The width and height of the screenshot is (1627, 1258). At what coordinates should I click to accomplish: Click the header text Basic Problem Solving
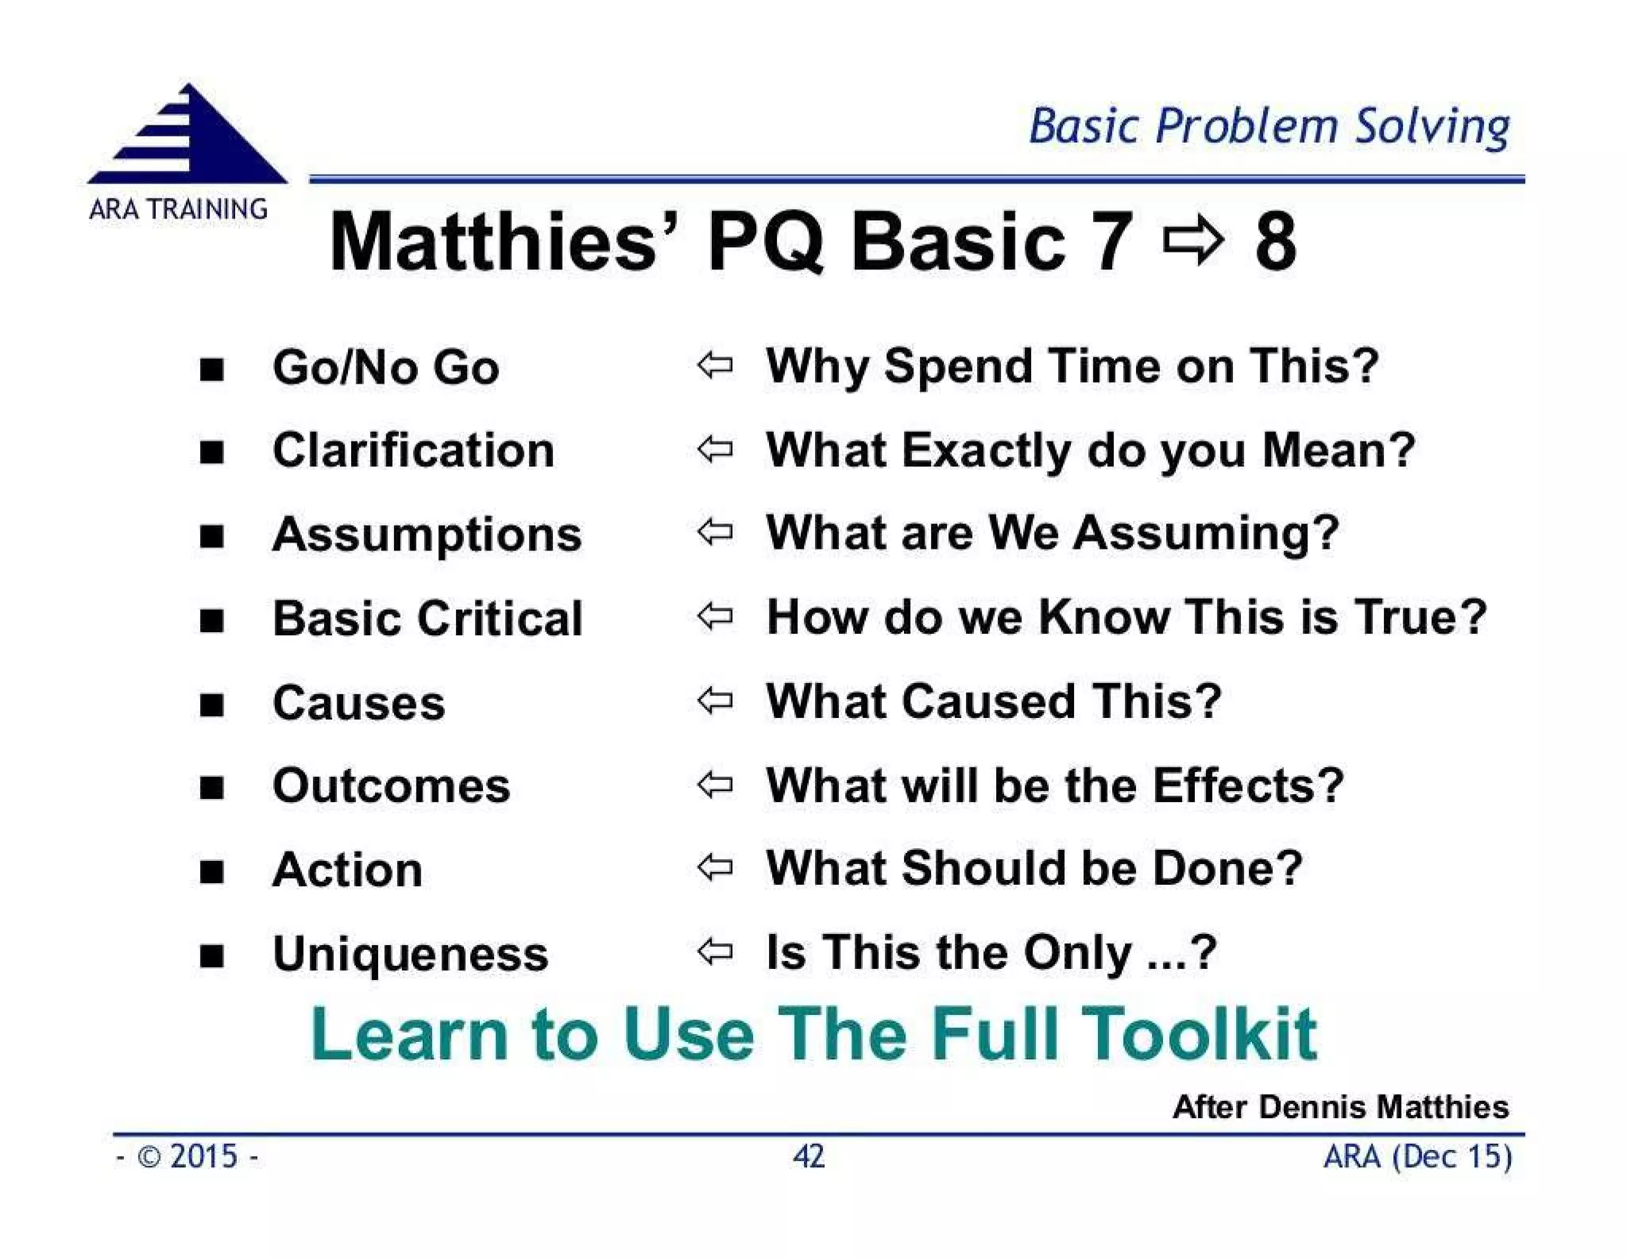pyautogui.click(x=1269, y=127)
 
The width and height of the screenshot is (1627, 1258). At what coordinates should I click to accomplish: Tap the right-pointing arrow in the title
pyautogui.click(x=1192, y=241)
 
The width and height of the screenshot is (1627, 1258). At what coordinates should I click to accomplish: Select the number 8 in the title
pyautogui.click(x=1276, y=241)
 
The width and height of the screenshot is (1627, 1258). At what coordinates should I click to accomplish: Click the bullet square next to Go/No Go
pyautogui.click(x=211, y=369)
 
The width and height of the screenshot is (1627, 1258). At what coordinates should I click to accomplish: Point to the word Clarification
pyautogui.click(x=413, y=450)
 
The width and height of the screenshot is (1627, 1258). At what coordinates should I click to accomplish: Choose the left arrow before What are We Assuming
pyautogui.click(x=715, y=532)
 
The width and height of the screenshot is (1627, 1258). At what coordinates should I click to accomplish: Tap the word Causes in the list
pyautogui.click(x=358, y=703)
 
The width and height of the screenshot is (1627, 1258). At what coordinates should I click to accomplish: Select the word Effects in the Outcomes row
pyautogui.click(x=1247, y=785)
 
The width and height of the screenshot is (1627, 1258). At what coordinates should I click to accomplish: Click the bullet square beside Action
pyautogui.click(x=211, y=872)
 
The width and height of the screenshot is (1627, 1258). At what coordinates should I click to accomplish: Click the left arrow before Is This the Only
pyautogui.click(x=715, y=951)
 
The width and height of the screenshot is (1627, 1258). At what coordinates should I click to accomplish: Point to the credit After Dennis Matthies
pyautogui.click(x=1340, y=1106)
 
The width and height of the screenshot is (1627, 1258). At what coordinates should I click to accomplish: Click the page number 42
pyautogui.click(x=809, y=1156)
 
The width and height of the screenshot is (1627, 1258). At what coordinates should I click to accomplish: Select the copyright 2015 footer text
pyautogui.click(x=187, y=1156)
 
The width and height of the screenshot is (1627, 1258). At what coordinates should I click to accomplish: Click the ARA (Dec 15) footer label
pyautogui.click(x=1417, y=1156)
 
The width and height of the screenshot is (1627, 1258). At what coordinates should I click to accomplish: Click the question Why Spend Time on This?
pyautogui.click(x=1072, y=366)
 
